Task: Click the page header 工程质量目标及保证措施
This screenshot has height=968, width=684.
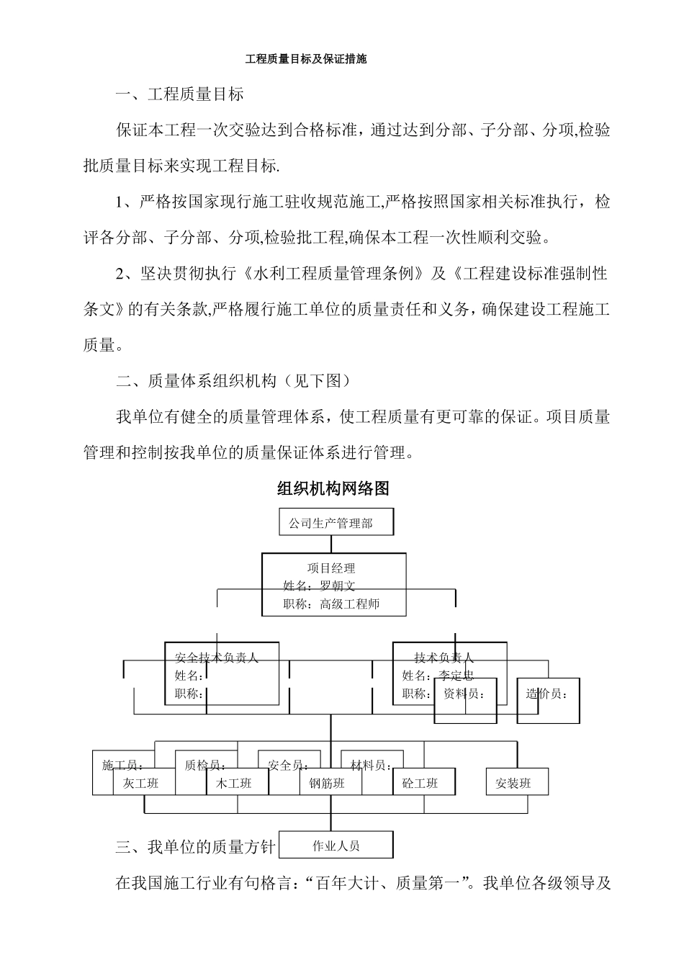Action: coord(306,59)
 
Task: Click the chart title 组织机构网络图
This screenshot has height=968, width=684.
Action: coord(333,488)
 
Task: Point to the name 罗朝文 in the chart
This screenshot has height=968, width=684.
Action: coord(338,586)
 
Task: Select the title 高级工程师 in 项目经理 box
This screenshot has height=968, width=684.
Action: coord(349,604)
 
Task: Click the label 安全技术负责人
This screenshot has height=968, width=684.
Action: coord(216,658)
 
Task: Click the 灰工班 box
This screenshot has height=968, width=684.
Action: coord(140,783)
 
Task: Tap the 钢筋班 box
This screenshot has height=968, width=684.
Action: coord(327,783)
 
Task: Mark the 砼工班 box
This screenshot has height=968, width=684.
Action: coord(420,783)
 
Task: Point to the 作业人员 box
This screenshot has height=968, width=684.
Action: coord(336,846)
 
